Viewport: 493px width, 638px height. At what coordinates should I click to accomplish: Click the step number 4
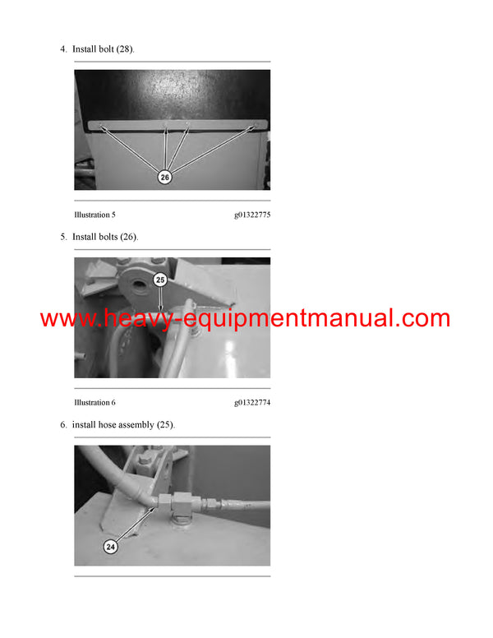62,49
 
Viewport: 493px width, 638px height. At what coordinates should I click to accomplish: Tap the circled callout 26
164,177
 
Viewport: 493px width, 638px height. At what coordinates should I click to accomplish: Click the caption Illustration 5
94,215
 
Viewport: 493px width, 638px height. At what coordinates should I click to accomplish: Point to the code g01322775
252,215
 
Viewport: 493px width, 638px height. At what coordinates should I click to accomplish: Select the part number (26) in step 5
129,237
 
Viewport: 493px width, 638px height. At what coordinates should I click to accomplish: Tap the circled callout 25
160,280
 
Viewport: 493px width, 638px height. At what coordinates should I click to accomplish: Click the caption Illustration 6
94,402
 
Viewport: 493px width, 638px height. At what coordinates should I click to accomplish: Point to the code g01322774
252,402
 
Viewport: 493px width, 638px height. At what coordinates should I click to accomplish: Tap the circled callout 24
112,545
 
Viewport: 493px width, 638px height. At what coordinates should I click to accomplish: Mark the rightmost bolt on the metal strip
256,126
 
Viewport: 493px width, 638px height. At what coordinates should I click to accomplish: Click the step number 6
62,424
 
